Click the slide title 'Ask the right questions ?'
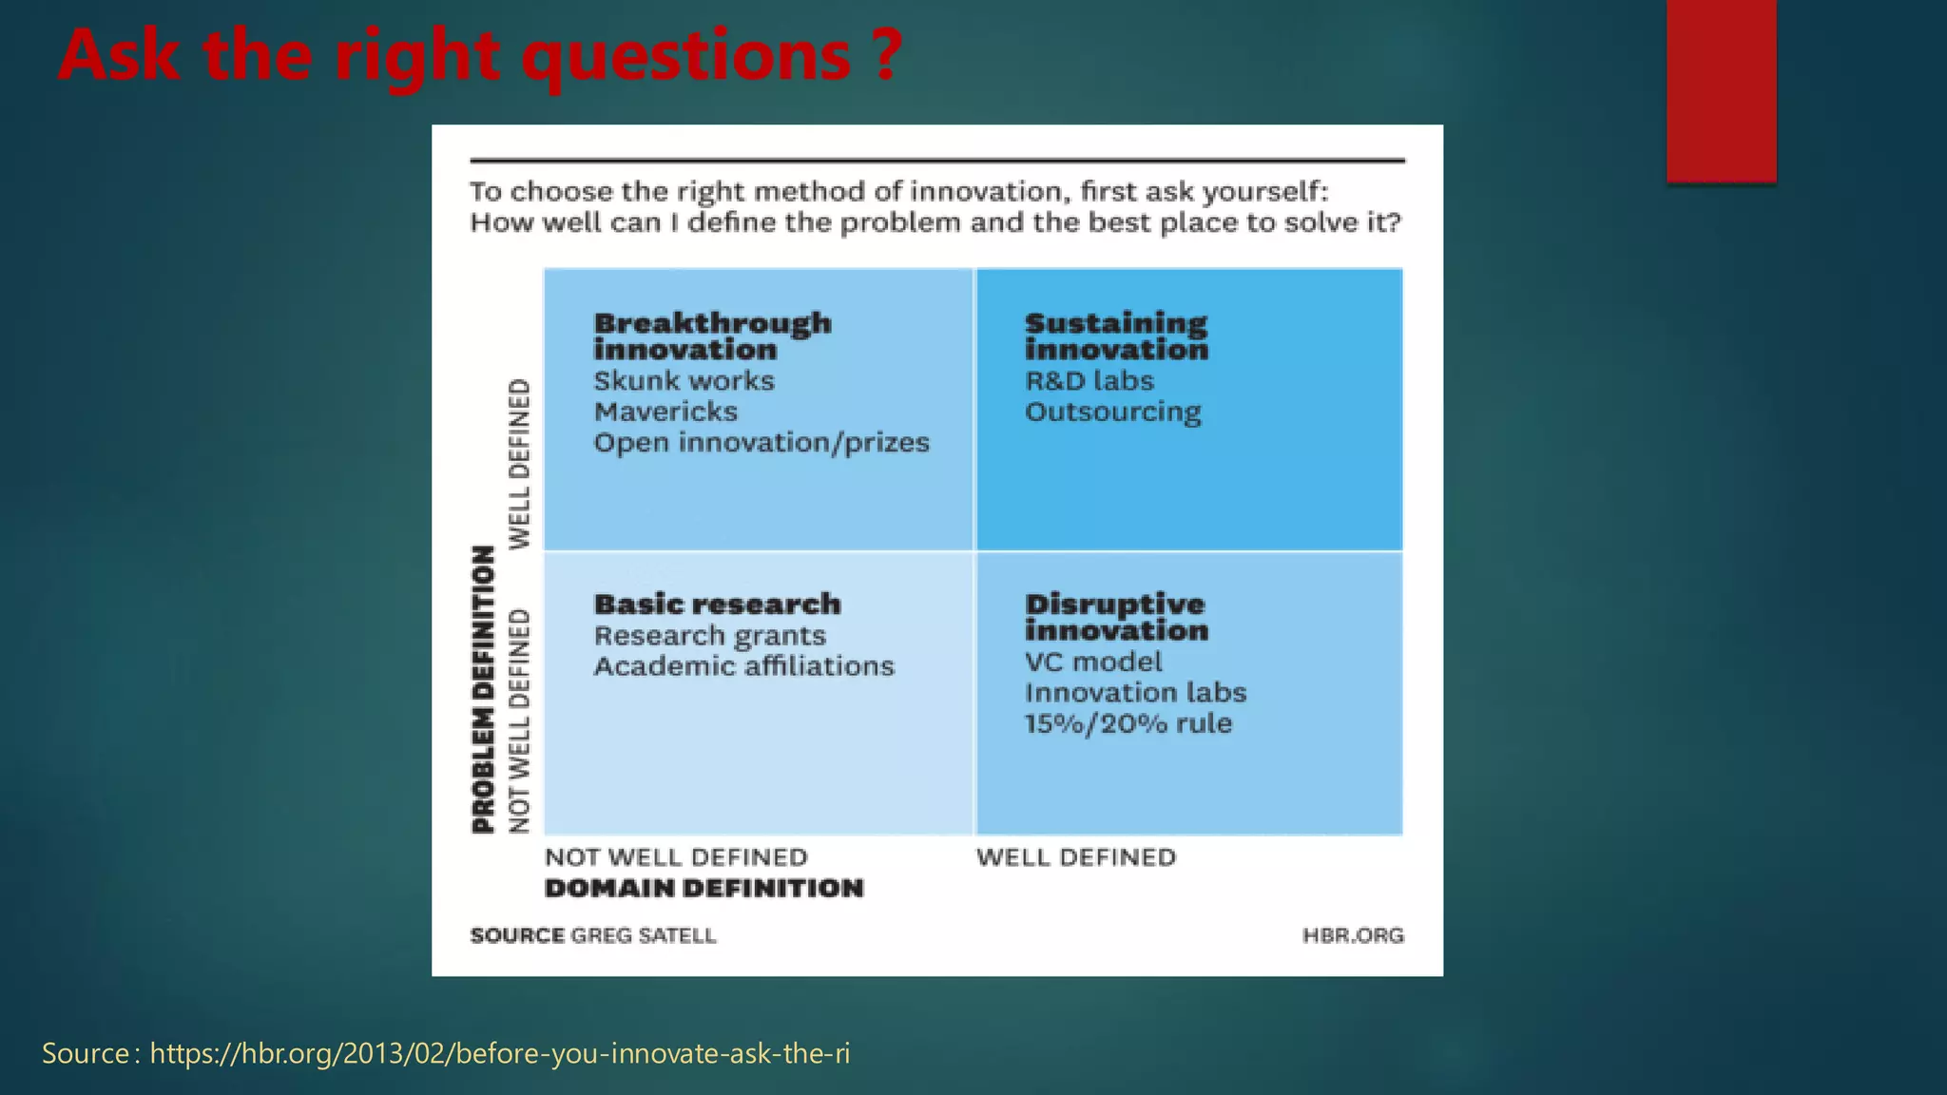[x=479, y=55]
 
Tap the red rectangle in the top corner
[x=1721, y=90]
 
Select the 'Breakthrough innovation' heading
[x=712, y=336]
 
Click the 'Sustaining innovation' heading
[x=1116, y=336]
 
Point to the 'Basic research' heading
[x=717, y=605]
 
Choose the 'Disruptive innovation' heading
[x=1116, y=617]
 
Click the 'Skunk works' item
[x=684, y=381]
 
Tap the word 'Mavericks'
[x=665, y=412]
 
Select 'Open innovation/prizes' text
[x=761, y=443]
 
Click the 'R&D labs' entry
[x=1089, y=381]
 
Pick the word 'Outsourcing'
[x=1112, y=413]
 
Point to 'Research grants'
[x=709, y=636]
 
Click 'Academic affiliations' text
[x=743, y=666]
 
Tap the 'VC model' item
[x=1093, y=662]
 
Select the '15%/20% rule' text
[x=1128, y=723]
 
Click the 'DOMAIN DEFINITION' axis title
[x=704, y=889]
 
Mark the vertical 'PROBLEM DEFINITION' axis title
[x=484, y=690]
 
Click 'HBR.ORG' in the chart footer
[x=1352, y=935]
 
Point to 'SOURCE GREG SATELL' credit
[x=592, y=935]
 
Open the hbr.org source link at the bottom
[x=499, y=1053]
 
